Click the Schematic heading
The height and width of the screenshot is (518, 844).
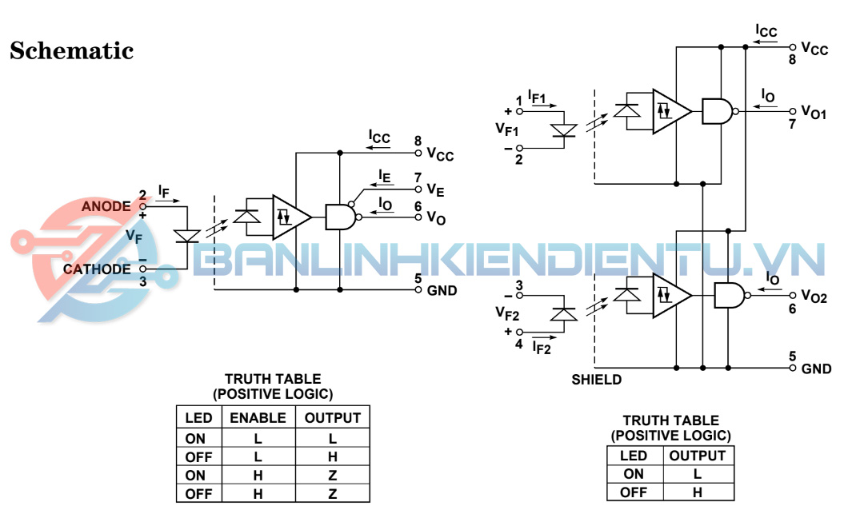[x=71, y=51]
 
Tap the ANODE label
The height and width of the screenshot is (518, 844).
[x=106, y=206]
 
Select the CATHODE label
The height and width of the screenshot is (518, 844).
[x=97, y=269]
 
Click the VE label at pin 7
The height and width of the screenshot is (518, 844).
[x=435, y=190]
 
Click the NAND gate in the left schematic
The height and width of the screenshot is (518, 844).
[x=339, y=217]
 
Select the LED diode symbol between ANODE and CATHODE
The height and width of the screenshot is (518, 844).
[x=187, y=237]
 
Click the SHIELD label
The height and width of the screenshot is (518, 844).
[x=596, y=380]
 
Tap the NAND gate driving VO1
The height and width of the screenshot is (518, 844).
[x=718, y=111]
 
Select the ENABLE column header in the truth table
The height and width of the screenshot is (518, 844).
[x=258, y=417]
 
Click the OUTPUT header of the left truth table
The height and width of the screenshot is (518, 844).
[x=333, y=417]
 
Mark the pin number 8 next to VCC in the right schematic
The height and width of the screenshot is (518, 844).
[x=793, y=59]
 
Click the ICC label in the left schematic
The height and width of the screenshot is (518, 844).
[x=379, y=137]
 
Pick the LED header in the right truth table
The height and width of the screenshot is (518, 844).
[x=634, y=456]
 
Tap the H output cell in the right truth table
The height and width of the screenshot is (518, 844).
[x=698, y=492]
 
